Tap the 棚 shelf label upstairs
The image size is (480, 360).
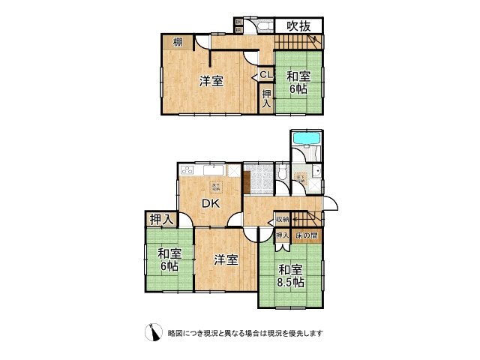pyautogui.click(x=178, y=42)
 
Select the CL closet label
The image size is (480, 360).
pyautogui.click(x=266, y=74)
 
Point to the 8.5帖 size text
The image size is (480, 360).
pyautogui.click(x=290, y=282)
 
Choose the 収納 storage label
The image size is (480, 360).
pyautogui.click(x=282, y=219)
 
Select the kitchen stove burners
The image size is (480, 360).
pyautogui.click(x=186, y=169)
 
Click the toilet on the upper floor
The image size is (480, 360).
pyautogui.click(x=265, y=27)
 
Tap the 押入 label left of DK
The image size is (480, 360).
pyautogui.click(x=161, y=219)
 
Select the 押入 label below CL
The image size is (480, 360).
pyautogui.click(x=267, y=98)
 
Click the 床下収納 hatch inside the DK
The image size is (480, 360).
pyautogui.click(x=216, y=187)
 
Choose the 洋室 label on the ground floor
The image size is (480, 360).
pyautogui.click(x=226, y=259)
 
